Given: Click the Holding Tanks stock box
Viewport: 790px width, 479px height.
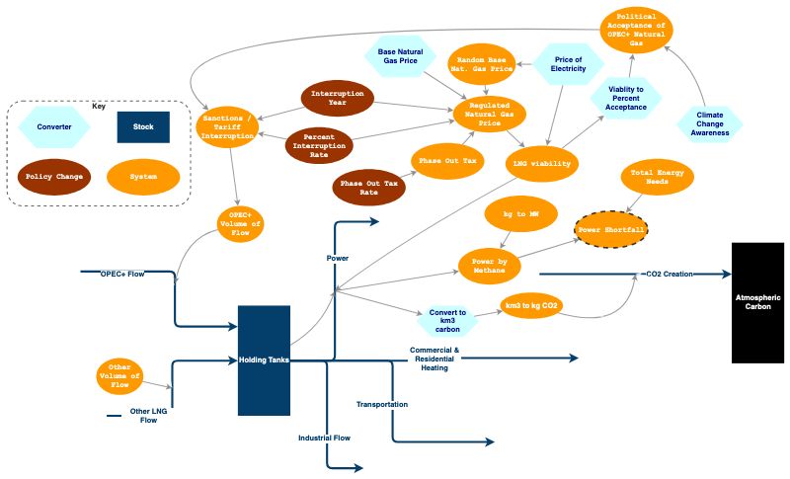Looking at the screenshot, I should coord(264,360).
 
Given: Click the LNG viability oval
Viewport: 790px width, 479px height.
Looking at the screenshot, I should coord(542,163).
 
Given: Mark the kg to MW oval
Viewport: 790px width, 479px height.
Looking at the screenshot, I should coord(522,214).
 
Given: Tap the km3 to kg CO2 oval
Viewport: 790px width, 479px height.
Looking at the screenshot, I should coord(532,305).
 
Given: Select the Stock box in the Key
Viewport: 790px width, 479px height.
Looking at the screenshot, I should coord(143,127).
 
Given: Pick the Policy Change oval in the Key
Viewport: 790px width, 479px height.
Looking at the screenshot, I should coord(54,177).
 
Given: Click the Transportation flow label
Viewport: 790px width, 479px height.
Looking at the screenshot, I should coord(381,404).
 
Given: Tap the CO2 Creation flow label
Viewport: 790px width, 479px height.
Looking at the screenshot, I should coord(671,273).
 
